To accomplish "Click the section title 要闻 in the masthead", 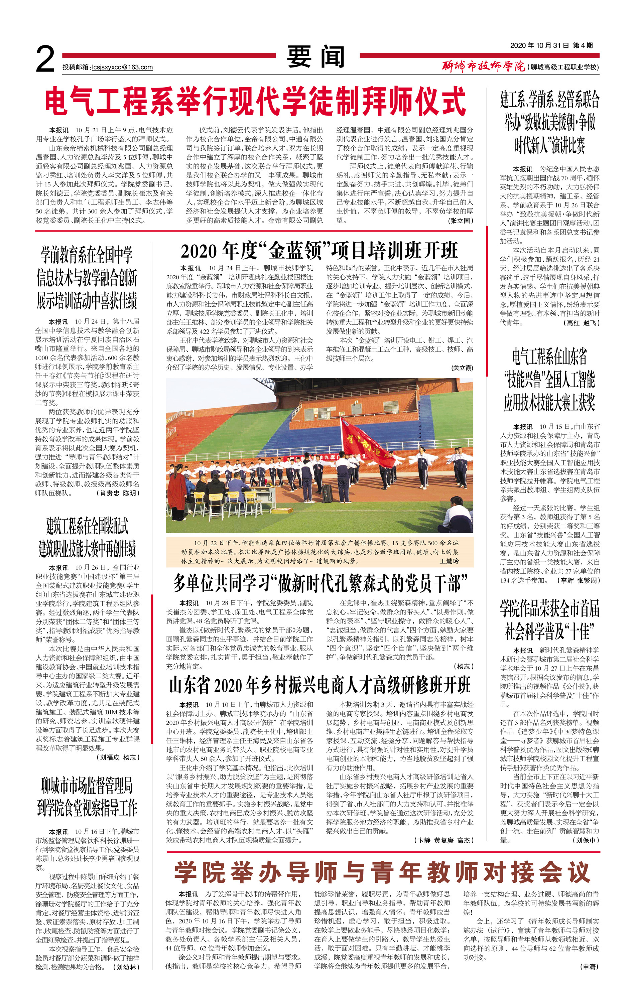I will tap(315, 56).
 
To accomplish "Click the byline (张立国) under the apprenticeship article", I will tap(460, 221).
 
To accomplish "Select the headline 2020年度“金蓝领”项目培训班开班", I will tap(319, 251).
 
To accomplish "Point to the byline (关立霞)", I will tap(462, 368).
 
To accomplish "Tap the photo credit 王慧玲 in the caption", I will tap(449, 561).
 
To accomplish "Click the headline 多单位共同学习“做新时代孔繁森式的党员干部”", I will tap(320, 584).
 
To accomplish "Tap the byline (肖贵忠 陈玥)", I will tap(119, 493).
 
